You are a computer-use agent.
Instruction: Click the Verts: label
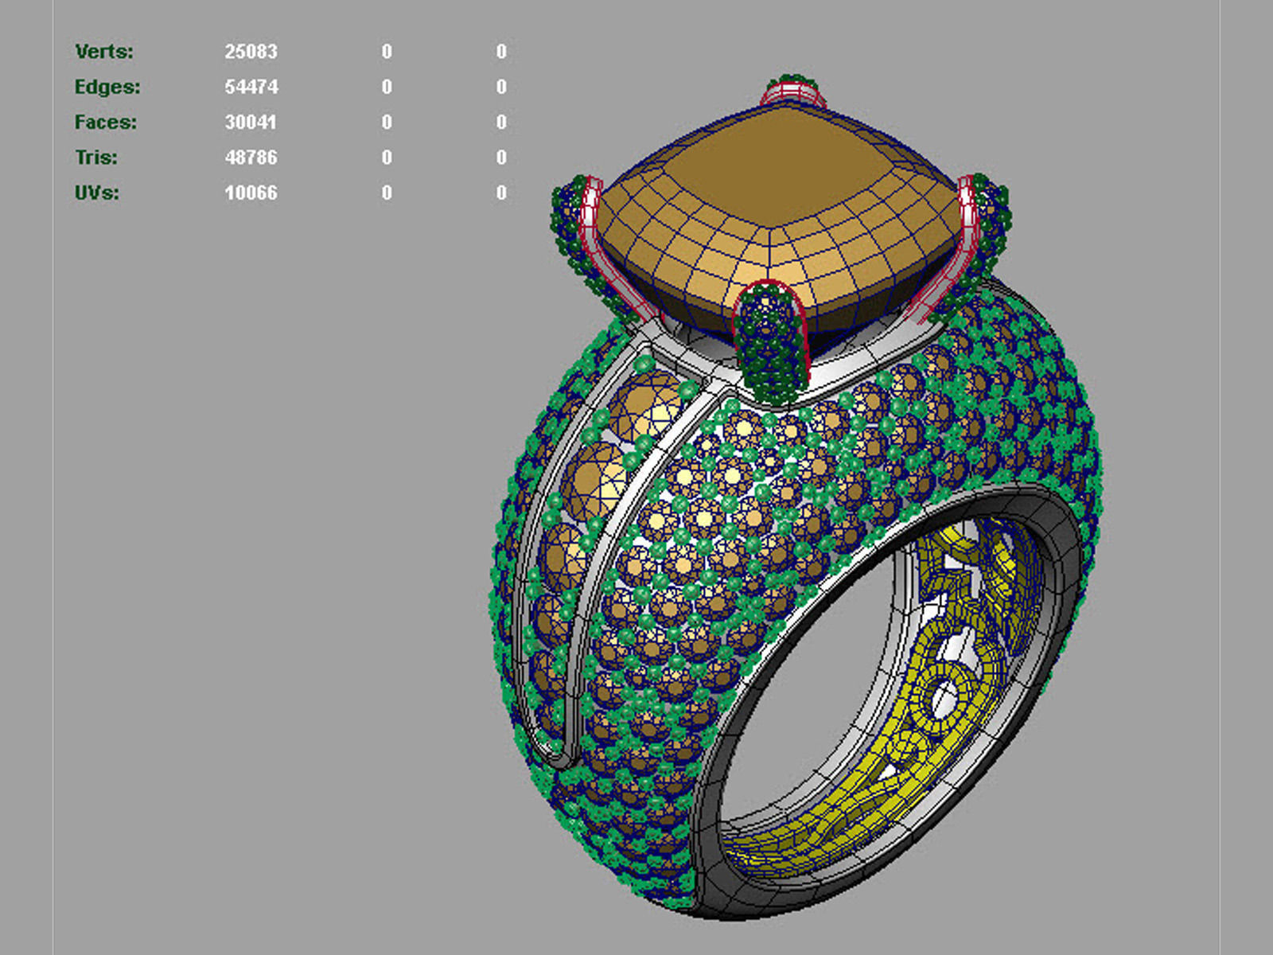click(104, 52)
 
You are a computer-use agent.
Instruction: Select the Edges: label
click(107, 87)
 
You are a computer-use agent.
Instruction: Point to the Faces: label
click(106, 123)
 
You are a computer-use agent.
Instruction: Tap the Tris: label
click(96, 158)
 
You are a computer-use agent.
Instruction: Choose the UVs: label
click(97, 193)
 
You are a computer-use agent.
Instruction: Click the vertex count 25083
click(251, 52)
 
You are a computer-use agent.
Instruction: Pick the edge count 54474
click(251, 87)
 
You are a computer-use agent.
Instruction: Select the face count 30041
click(251, 123)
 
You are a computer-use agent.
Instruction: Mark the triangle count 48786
click(251, 158)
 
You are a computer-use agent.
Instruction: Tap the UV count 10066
click(251, 193)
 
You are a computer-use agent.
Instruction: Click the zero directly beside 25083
click(387, 52)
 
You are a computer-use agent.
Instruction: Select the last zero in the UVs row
click(501, 193)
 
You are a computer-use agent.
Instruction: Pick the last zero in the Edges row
click(501, 87)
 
